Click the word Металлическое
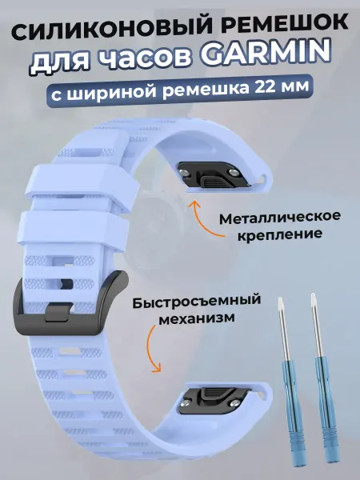pos(280,218)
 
